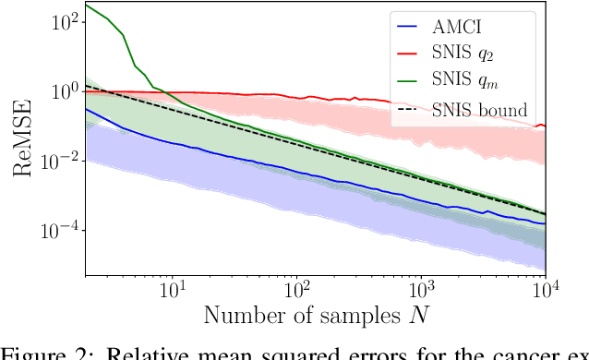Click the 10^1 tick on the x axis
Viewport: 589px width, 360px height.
(171, 292)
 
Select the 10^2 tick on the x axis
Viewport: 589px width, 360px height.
(295, 292)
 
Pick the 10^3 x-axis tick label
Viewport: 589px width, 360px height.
(421, 292)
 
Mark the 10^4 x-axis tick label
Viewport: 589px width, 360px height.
(545, 292)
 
